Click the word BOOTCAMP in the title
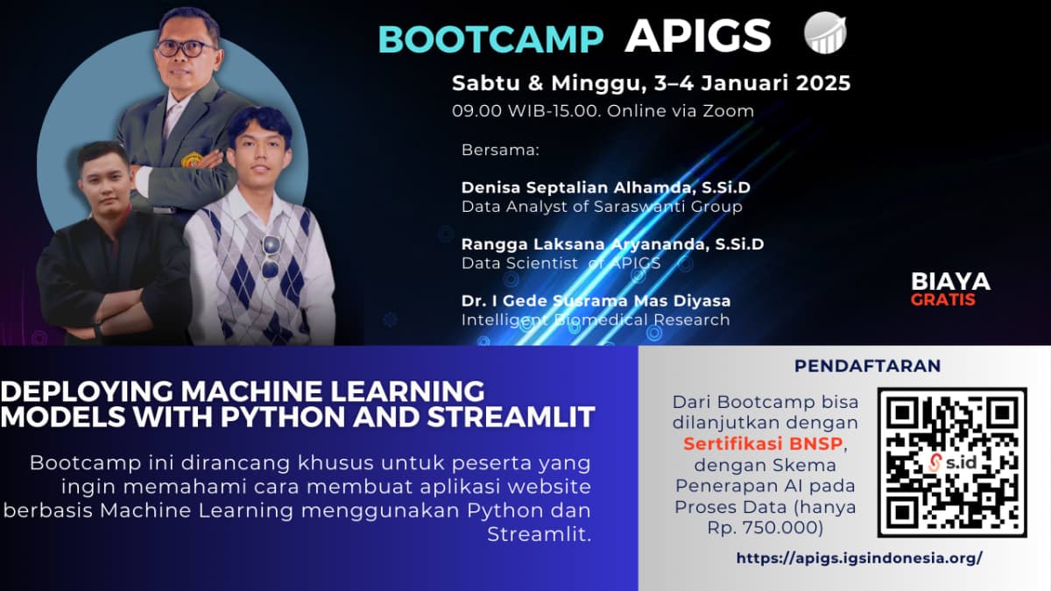(491, 39)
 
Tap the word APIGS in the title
(698, 37)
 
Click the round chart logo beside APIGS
(825, 33)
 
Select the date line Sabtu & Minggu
(651, 84)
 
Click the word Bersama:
(501, 150)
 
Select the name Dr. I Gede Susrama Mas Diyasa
(596, 300)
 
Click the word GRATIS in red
(942, 299)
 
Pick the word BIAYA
(950, 282)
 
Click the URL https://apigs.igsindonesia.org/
(859, 558)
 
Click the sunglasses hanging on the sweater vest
(270, 255)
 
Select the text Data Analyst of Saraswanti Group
(602, 207)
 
